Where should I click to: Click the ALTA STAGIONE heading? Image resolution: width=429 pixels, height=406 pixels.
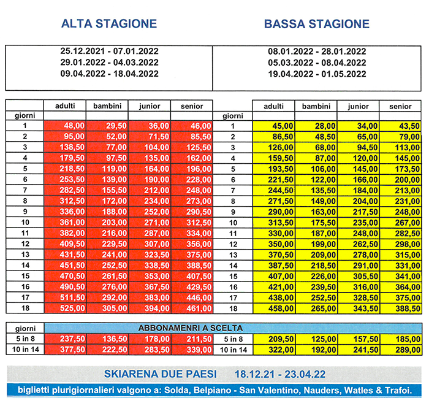point(109,24)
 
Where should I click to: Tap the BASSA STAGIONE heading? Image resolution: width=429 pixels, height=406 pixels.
point(317,24)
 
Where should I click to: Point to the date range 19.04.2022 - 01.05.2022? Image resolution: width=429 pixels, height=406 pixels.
point(317,74)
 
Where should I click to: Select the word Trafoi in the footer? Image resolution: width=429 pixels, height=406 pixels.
point(397,391)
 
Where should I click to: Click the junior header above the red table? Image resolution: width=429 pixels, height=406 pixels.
point(150,106)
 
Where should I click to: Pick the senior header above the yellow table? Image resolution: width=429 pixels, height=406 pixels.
point(400,106)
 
